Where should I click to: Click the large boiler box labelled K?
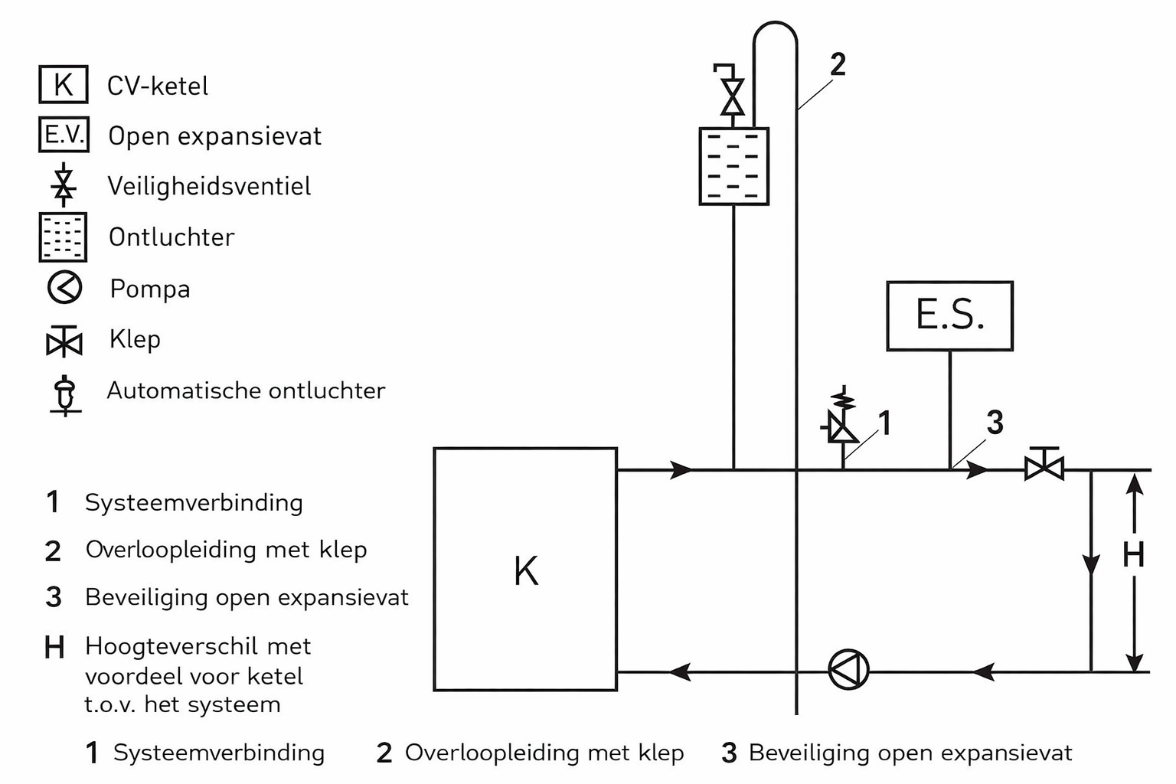click(x=525, y=569)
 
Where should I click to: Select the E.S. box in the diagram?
click(x=949, y=315)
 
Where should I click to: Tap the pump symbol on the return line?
click(x=848, y=671)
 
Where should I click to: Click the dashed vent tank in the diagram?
click(x=733, y=166)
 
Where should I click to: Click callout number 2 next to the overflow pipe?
click(x=838, y=65)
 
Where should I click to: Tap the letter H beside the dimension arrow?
click(x=1133, y=555)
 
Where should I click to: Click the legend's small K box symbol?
click(x=64, y=84)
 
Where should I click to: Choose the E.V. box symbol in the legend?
click(x=64, y=135)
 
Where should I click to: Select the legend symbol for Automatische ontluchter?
click(x=66, y=395)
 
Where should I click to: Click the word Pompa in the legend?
click(x=150, y=289)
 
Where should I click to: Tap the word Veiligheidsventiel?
click(x=209, y=186)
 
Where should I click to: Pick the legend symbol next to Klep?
click(x=64, y=341)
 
